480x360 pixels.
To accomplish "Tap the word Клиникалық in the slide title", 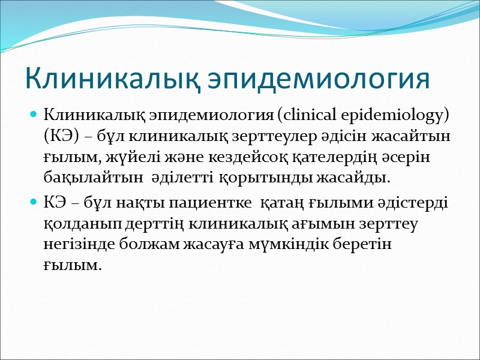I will pyautogui.click(x=114, y=79).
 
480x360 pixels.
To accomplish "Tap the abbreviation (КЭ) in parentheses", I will pyautogui.click(x=61, y=135).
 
